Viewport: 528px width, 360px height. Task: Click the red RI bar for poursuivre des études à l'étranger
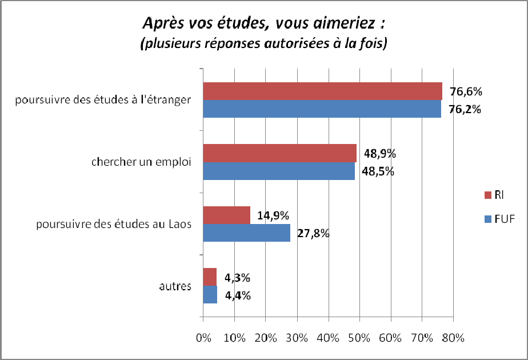click(x=323, y=91)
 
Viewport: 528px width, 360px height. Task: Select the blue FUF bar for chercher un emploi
click(x=279, y=171)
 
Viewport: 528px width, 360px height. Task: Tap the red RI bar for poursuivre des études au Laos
click(x=227, y=215)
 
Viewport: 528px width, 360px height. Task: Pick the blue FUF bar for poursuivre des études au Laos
click(x=247, y=233)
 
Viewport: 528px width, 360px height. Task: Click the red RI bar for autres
click(x=210, y=277)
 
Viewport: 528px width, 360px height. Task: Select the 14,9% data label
click(x=273, y=215)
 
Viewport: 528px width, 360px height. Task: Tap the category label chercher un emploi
click(x=141, y=162)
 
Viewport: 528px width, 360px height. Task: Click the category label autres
click(x=175, y=286)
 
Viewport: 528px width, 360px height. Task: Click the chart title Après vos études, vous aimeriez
click(x=263, y=24)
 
